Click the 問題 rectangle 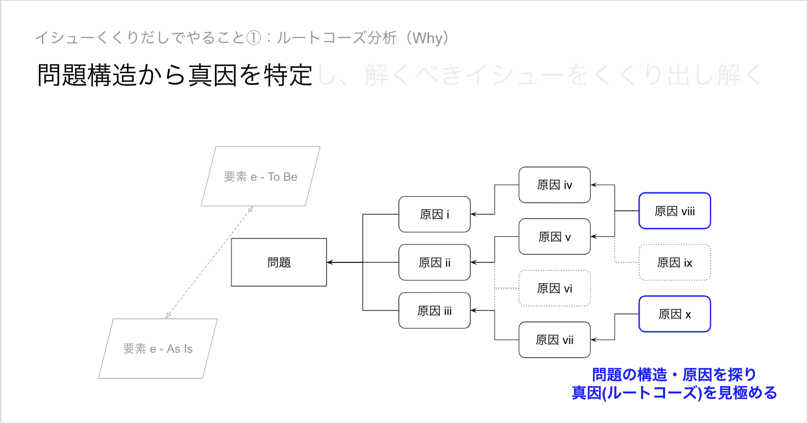click(279, 262)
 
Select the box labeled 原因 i click(434, 214)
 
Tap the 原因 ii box click(434, 262)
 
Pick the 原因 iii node click(434, 311)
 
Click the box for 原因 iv click(555, 185)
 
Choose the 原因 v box click(555, 237)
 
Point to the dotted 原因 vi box click(555, 288)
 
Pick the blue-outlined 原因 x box click(675, 314)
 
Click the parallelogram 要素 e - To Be click(260, 176)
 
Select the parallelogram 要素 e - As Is click(158, 348)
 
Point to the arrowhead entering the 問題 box click(330, 262)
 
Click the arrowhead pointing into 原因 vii click(594, 340)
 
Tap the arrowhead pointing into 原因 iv click(594, 185)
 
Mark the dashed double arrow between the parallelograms click(209, 262)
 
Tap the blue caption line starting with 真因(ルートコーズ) click(674, 393)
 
